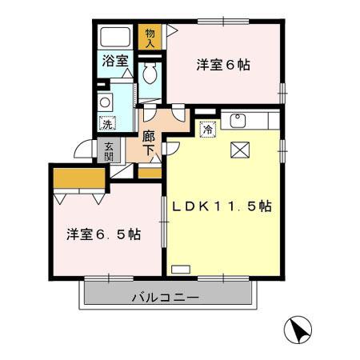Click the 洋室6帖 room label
(x=223, y=65)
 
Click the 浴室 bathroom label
(x=114, y=60)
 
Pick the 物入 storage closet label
(x=150, y=37)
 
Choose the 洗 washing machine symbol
(x=106, y=124)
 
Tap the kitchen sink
(x=237, y=122)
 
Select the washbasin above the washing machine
(x=105, y=102)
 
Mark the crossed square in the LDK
(x=240, y=150)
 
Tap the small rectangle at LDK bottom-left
(x=182, y=269)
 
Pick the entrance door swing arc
(x=82, y=149)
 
